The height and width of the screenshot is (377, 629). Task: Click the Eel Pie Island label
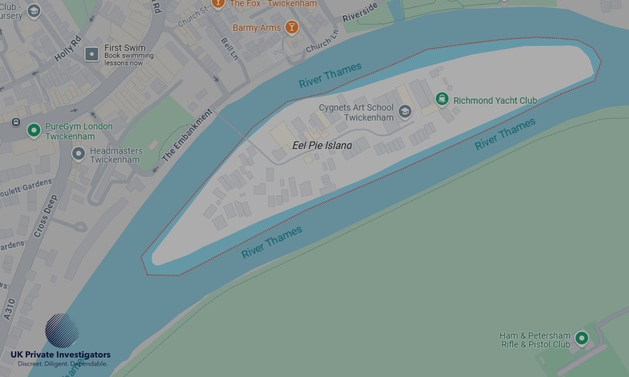[322, 145]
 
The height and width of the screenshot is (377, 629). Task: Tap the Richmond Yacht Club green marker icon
[442, 99]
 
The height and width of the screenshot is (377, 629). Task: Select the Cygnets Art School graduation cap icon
[404, 112]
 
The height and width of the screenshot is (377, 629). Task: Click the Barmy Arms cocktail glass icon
[291, 27]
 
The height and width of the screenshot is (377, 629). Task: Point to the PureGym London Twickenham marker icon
[34, 130]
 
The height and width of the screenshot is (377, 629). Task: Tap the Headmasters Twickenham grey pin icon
[79, 153]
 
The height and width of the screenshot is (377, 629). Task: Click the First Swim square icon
[92, 55]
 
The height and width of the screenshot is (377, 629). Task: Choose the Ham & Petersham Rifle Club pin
[582, 339]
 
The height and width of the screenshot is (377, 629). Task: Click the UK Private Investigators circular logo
[62, 331]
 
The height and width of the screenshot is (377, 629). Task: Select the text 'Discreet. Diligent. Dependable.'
[62, 364]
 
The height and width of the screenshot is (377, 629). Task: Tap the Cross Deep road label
[46, 216]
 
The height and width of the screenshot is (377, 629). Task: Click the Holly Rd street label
[68, 48]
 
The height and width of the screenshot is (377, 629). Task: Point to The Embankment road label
[187, 138]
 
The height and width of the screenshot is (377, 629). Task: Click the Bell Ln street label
[230, 48]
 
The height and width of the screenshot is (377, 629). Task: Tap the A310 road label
[9, 309]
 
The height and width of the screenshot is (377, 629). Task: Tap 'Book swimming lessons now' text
[129, 59]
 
